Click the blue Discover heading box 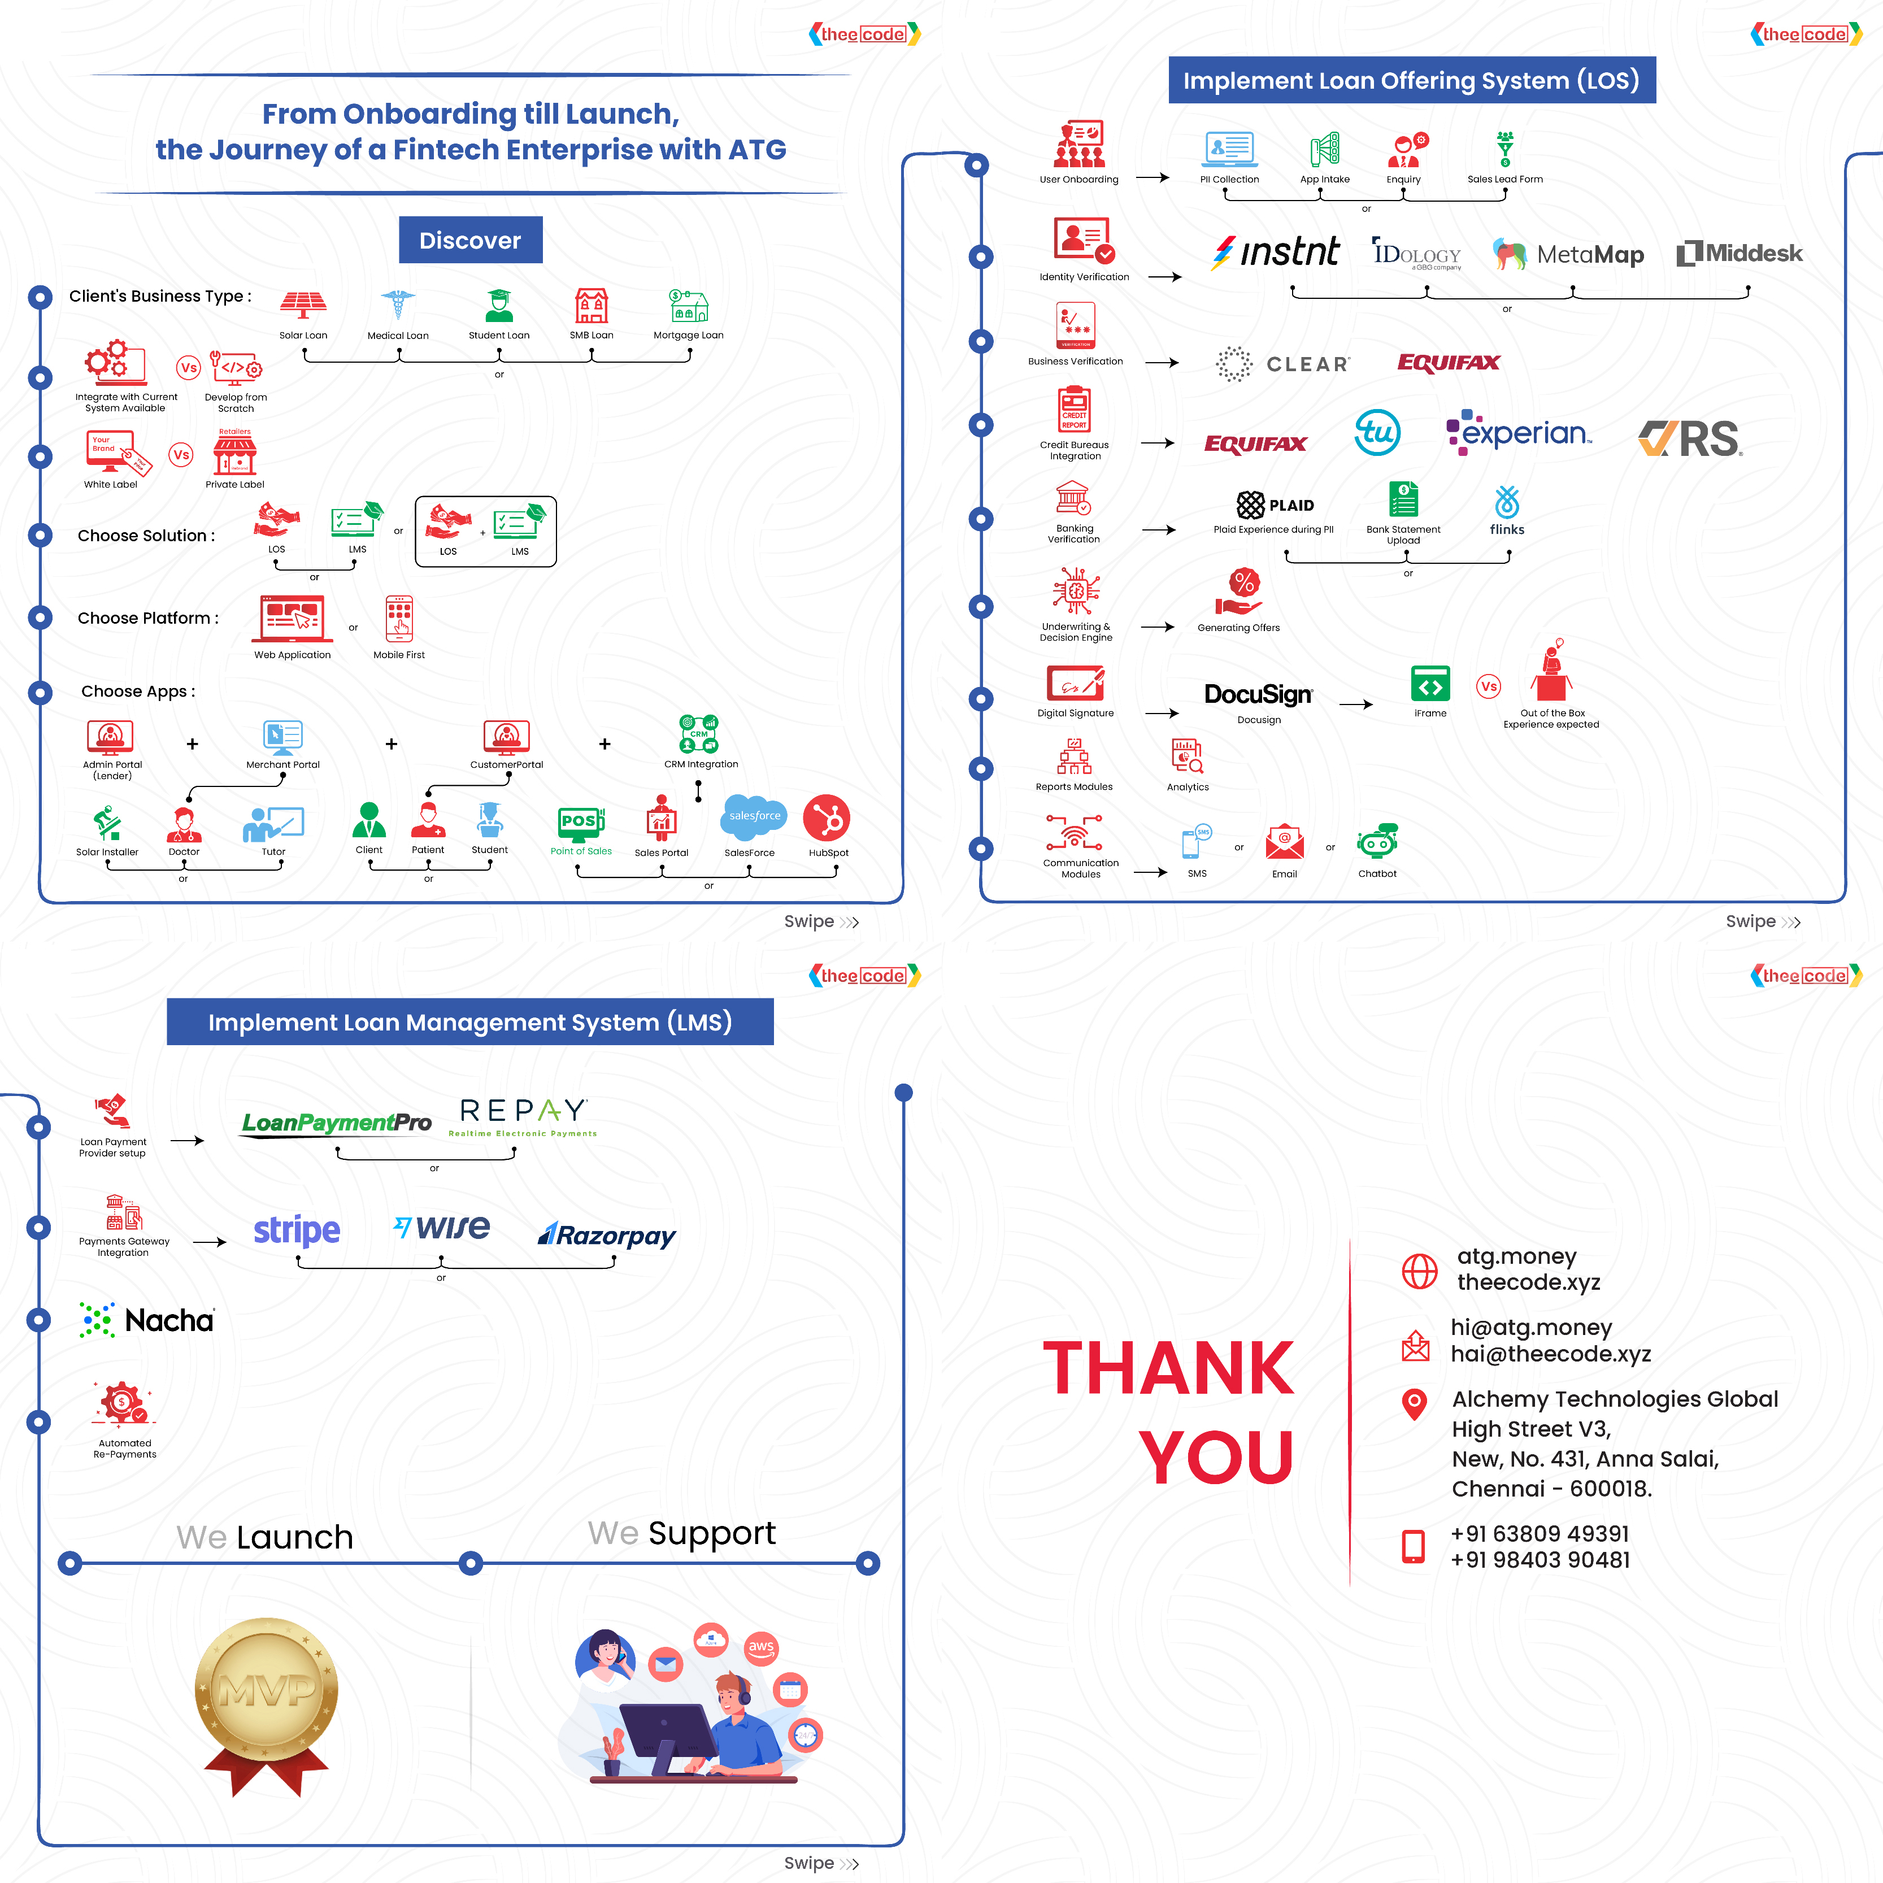coord(470,240)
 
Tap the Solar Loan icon coord(303,305)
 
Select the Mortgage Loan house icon coord(688,306)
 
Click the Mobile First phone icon coord(399,619)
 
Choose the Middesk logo coord(1739,254)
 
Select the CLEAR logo coord(1282,363)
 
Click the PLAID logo coord(1275,505)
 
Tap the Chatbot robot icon coord(1377,841)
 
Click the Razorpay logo coord(606,1236)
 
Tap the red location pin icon coord(1414,1403)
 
